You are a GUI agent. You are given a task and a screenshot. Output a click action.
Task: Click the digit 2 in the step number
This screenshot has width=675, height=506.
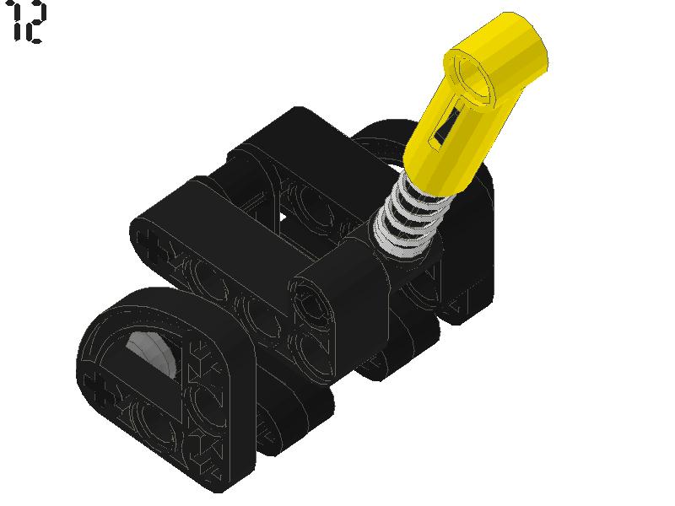tap(33, 23)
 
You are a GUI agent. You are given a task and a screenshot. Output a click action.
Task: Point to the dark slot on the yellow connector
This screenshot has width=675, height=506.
tap(444, 126)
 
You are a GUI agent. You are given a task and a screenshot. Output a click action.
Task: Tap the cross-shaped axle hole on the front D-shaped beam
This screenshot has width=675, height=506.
tap(103, 389)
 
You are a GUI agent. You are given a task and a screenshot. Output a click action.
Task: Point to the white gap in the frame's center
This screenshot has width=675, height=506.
tap(283, 218)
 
